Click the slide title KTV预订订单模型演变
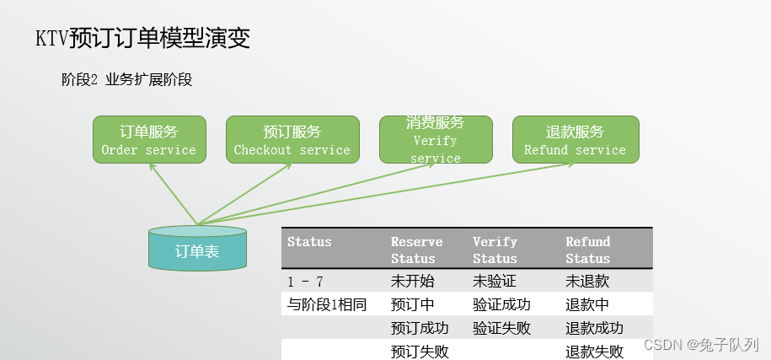pyautogui.click(x=142, y=38)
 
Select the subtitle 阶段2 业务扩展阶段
pyautogui.click(x=126, y=80)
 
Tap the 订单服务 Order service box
pyautogui.click(x=149, y=140)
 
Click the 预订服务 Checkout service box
pyautogui.click(x=292, y=140)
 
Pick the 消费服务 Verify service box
pyautogui.click(x=436, y=140)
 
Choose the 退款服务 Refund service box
pyautogui.click(x=576, y=140)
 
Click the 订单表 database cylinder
pyautogui.click(x=197, y=250)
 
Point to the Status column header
pyautogui.click(x=309, y=242)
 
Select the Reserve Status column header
pyautogui.click(x=416, y=250)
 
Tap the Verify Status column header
pyautogui.click(x=495, y=250)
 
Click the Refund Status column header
pyautogui.click(x=587, y=250)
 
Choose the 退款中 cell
pyautogui.click(x=587, y=304)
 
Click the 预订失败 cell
pyautogui.click(x=420, y=351)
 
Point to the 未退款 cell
pyautogui.click(x=587, y=282)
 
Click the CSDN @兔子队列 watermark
pyautogui.click(x=701, y=345)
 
